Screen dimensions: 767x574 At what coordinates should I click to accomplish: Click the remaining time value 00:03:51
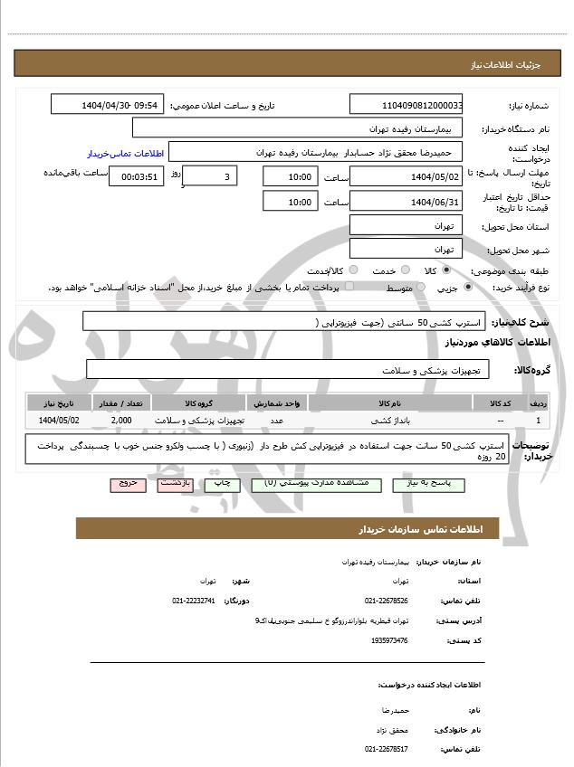click(136, 176)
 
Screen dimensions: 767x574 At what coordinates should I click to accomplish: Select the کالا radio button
click(445, 270)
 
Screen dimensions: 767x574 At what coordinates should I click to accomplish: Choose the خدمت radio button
click(404, 270)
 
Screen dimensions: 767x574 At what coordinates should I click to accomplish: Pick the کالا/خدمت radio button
click(352, 270)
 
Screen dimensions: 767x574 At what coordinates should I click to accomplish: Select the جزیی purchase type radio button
click(467, 287)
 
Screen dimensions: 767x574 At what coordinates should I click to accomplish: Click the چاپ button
click(223, 484)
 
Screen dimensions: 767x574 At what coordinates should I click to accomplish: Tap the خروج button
click(129, 484)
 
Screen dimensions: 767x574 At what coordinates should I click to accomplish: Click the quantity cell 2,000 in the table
click(121, 421)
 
